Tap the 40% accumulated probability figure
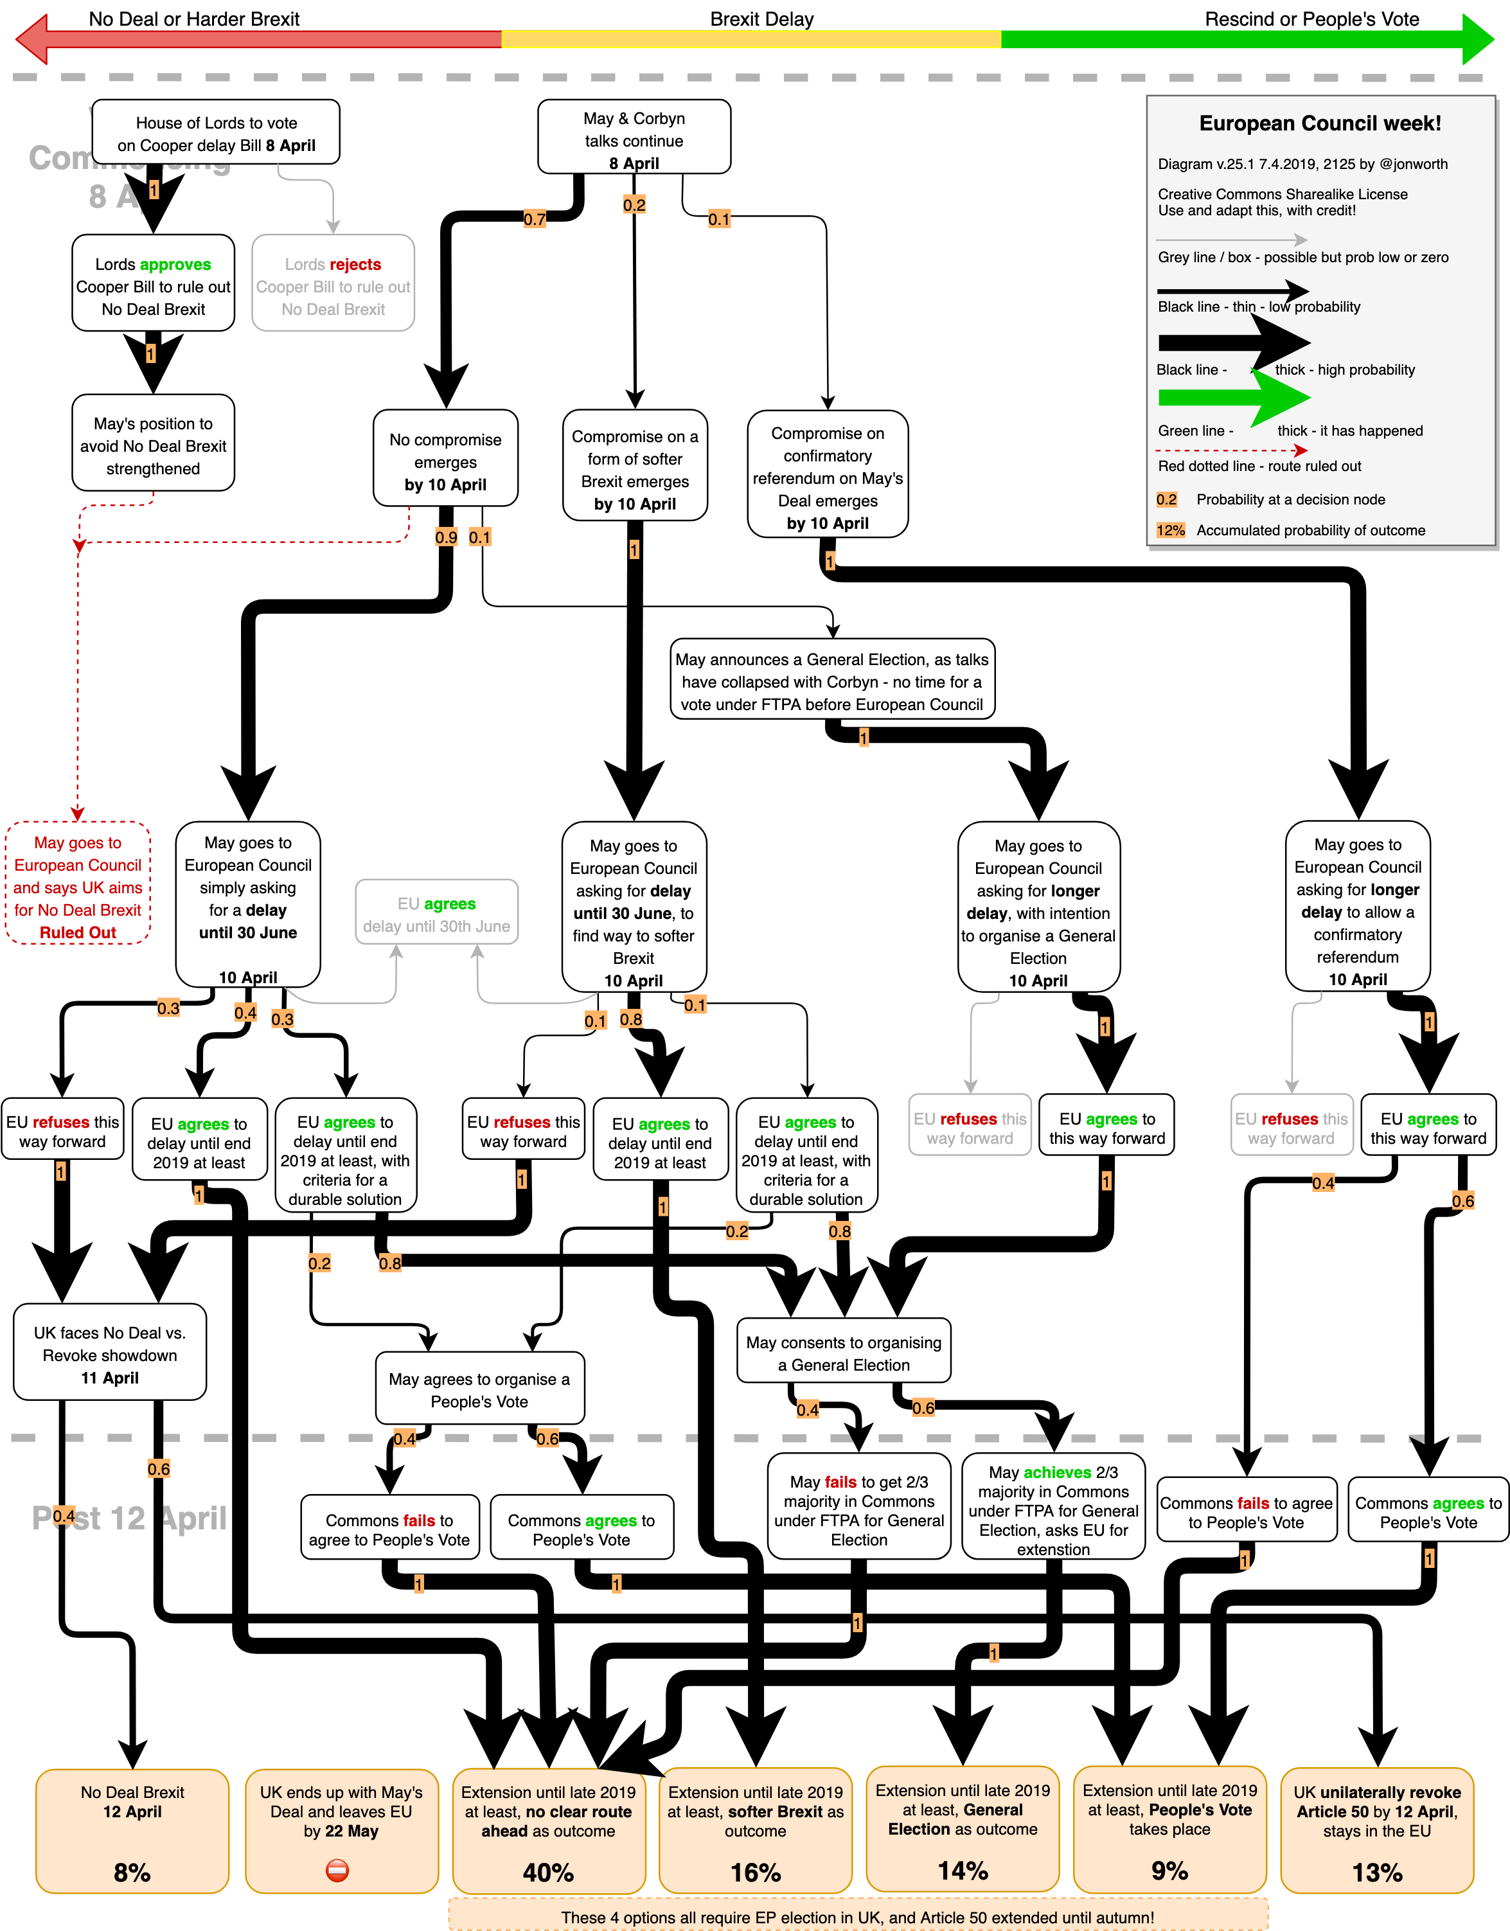[x=548, y=1872]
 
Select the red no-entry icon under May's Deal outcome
[x=338, y=1870]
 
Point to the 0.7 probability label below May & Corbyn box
[x=534, y=218]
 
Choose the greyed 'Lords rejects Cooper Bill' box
[x=333, y=283]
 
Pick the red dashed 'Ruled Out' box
[x=78, y=884]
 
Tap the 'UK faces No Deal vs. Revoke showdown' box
[x=110, y=1353]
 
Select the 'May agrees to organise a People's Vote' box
[x=479, y=1389]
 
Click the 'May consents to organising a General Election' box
[x=844, y=1352]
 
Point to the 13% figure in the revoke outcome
[x=1376, y=1872]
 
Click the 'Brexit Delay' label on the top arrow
[x=761, y=19]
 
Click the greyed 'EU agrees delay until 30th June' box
[x=437, y=913]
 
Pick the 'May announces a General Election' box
[x=832, y=681]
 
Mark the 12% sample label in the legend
[x=1169, y=531]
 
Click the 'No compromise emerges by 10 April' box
[x=445, y=458]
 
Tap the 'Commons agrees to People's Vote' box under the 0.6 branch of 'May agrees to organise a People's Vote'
[x=581, y=1529]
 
